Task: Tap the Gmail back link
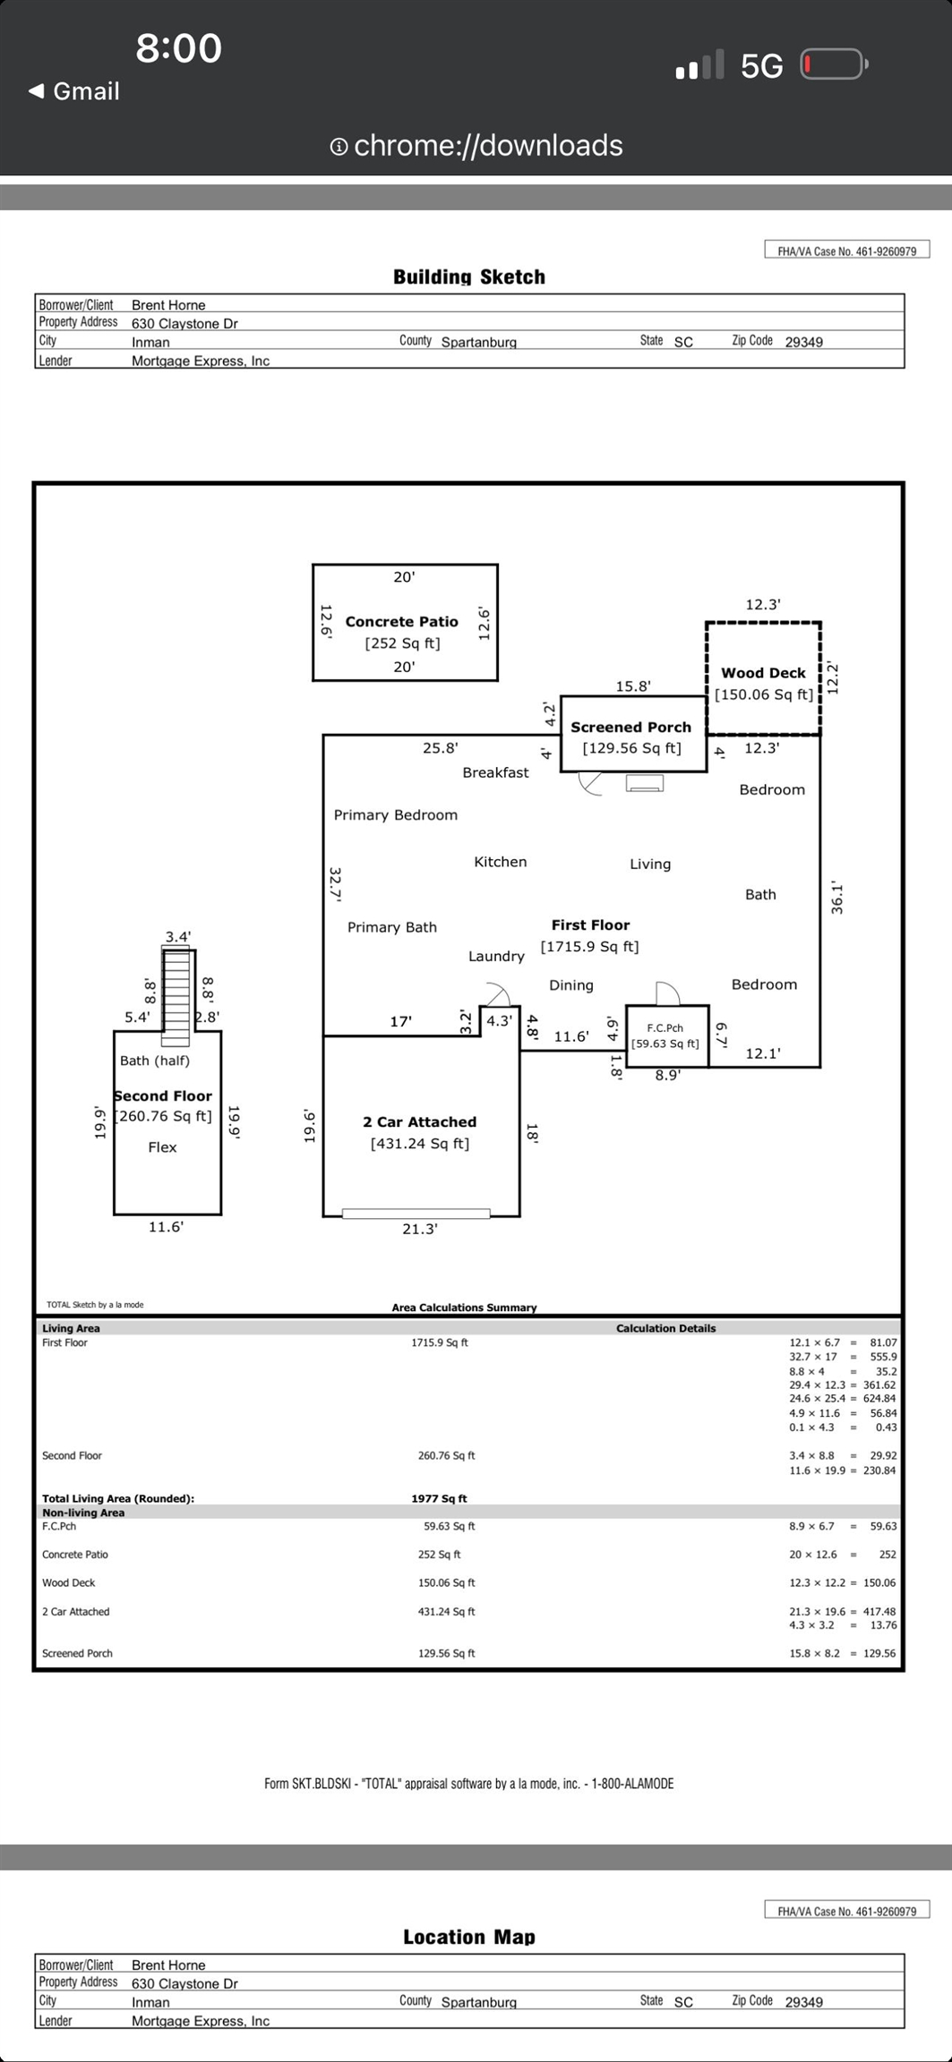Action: point(74,91)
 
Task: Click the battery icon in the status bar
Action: point(834,64)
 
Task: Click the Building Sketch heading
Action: point(469,277)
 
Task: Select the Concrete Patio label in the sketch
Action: point(402,621)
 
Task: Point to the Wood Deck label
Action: point(763,673)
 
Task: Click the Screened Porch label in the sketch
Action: point(631,728)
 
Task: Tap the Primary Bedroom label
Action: point(396,815)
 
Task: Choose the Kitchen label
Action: point(501,862)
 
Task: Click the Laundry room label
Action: point(496,957)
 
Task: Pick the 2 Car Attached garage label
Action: point(420,1122)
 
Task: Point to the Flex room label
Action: point(162,1147)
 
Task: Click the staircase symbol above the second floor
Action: point(176,996)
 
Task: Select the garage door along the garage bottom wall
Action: point(416,1214)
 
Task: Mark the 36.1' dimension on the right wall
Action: point(837,898)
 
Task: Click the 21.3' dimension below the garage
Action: point(420,1230)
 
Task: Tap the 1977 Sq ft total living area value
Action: point(439,1498)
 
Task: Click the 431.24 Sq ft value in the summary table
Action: point(446,1611)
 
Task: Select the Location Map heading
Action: point(469,1937)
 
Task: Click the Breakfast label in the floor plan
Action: point(495,772)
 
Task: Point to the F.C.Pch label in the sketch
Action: point(665,1028)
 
